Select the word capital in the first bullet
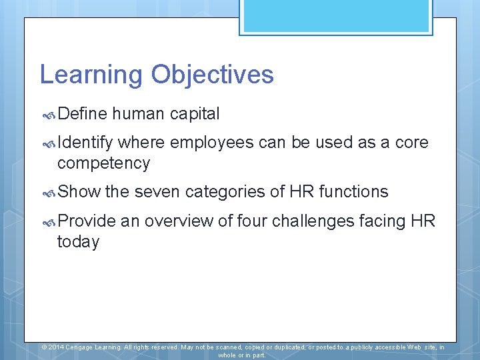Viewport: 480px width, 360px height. [194, 114]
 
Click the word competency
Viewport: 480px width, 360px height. [103, 163]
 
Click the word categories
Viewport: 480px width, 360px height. [235, 192]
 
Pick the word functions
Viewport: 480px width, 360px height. [353, 192]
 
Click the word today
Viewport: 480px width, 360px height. [78, 241]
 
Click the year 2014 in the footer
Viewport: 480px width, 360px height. [56, 347]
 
